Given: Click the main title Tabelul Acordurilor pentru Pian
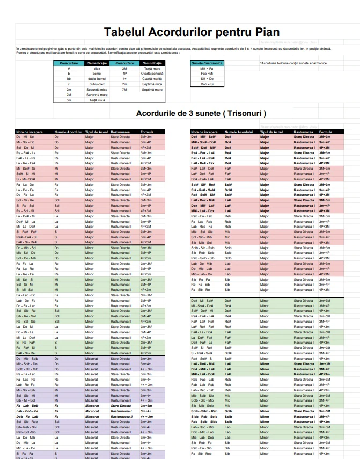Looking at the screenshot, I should (x=192, y=32).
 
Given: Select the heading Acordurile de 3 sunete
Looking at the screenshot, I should (x=201, y=114).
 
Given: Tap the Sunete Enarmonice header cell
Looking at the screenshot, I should (x=207, y=63).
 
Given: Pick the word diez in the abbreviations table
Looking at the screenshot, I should (x=97, y=69).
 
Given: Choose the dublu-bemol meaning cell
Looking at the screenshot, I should (x=97, y=79).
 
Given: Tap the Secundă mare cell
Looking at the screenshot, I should (x=97, y=94).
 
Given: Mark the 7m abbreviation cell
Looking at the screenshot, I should (x=124, y=84).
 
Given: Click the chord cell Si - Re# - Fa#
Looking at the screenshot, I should (x=26, y=231).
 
